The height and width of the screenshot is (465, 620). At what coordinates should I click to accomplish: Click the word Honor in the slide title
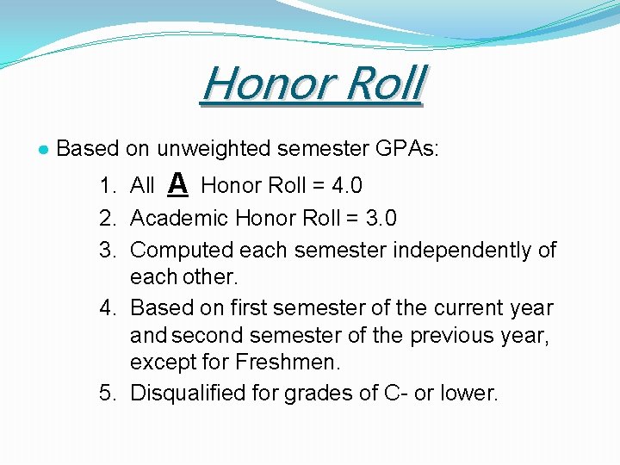tap(259, 84)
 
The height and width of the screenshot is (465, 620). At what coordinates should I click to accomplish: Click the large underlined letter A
tap(177, 183)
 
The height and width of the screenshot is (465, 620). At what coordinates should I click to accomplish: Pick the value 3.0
tap(380, 218)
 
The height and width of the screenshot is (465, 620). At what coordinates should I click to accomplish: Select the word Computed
tap(182, 251)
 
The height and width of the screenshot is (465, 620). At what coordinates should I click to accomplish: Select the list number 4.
tap(107, 307)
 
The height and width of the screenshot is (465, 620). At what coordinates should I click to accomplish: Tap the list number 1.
tap(107, 185)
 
